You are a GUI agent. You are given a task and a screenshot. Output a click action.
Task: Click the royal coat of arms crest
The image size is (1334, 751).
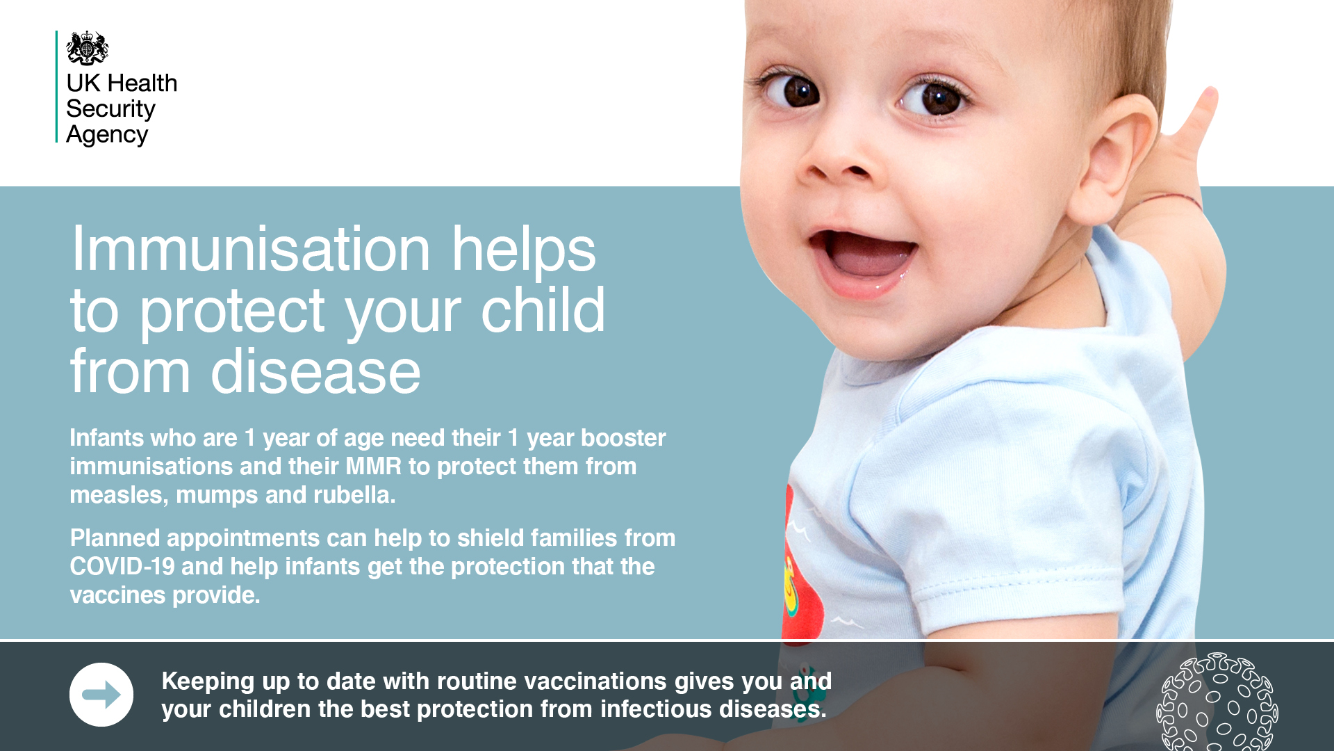pyautogui.click(x=88, y=48)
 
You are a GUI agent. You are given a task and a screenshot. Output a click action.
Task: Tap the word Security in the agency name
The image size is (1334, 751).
pyautogui.click(x=110, y=109)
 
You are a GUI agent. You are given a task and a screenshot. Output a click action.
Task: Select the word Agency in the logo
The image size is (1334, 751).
pyautogui.click(x=107, y=135)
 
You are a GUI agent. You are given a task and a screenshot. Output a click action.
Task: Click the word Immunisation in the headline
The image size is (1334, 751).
pyautogui.click(x=251, y=249)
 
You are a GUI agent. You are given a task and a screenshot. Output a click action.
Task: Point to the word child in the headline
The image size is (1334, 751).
pyautogui.click(x=543, y=310)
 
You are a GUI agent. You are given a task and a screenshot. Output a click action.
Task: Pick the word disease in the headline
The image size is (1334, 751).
pyautogui.click(x=315, y=371)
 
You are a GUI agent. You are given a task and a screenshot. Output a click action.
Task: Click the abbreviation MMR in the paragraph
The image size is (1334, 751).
pyautogui.click(x=374, y=466)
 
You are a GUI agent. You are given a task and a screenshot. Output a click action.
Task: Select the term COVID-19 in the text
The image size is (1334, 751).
pyautogui.click(x=122, y=566)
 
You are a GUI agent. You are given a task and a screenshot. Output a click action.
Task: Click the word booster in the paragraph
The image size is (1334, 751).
pyautogui.click(x=623, y=437)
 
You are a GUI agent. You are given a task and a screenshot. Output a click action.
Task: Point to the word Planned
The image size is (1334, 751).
pyautogui.click(x=115, y=538)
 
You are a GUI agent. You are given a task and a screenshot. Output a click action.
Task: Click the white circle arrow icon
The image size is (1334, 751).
pyautogui.click(x=101, y=695)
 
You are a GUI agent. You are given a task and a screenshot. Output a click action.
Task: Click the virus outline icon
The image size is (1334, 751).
pyautogui.click(x=1217, y=702)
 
